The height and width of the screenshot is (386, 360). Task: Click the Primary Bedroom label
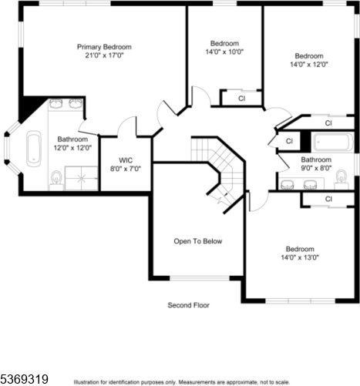[x=104, y=47]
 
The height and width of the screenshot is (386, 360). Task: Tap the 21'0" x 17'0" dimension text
[x=104, y=55]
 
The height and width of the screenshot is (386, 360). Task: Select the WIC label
[x=126, y=160]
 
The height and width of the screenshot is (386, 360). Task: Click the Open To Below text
[x=198, y=241]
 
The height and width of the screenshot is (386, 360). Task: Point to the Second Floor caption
[x=188, y=305]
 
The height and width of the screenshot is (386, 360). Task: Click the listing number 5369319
[x=25, y=379]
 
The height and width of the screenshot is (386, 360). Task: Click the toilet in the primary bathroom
[x=56, y=179]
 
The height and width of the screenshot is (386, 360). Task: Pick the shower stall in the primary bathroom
[x=81, y=178]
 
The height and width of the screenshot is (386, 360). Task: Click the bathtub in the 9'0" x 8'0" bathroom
[x=333, y=142]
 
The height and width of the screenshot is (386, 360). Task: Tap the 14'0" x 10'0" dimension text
[x=224, y=52]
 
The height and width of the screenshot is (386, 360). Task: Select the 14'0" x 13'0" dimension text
[x=300, y=257]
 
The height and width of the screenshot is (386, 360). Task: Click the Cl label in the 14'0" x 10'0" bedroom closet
[x=241, y=99]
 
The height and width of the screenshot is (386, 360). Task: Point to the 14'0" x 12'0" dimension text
[x=309, y=64]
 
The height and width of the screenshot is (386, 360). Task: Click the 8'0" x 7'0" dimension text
[x=126, y=169]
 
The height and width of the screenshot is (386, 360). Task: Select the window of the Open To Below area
[x=200, y=278]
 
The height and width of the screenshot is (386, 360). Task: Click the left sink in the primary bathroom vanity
[x=56, y=103]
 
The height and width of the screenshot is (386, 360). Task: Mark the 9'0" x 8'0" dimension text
[x=316, y=168]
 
